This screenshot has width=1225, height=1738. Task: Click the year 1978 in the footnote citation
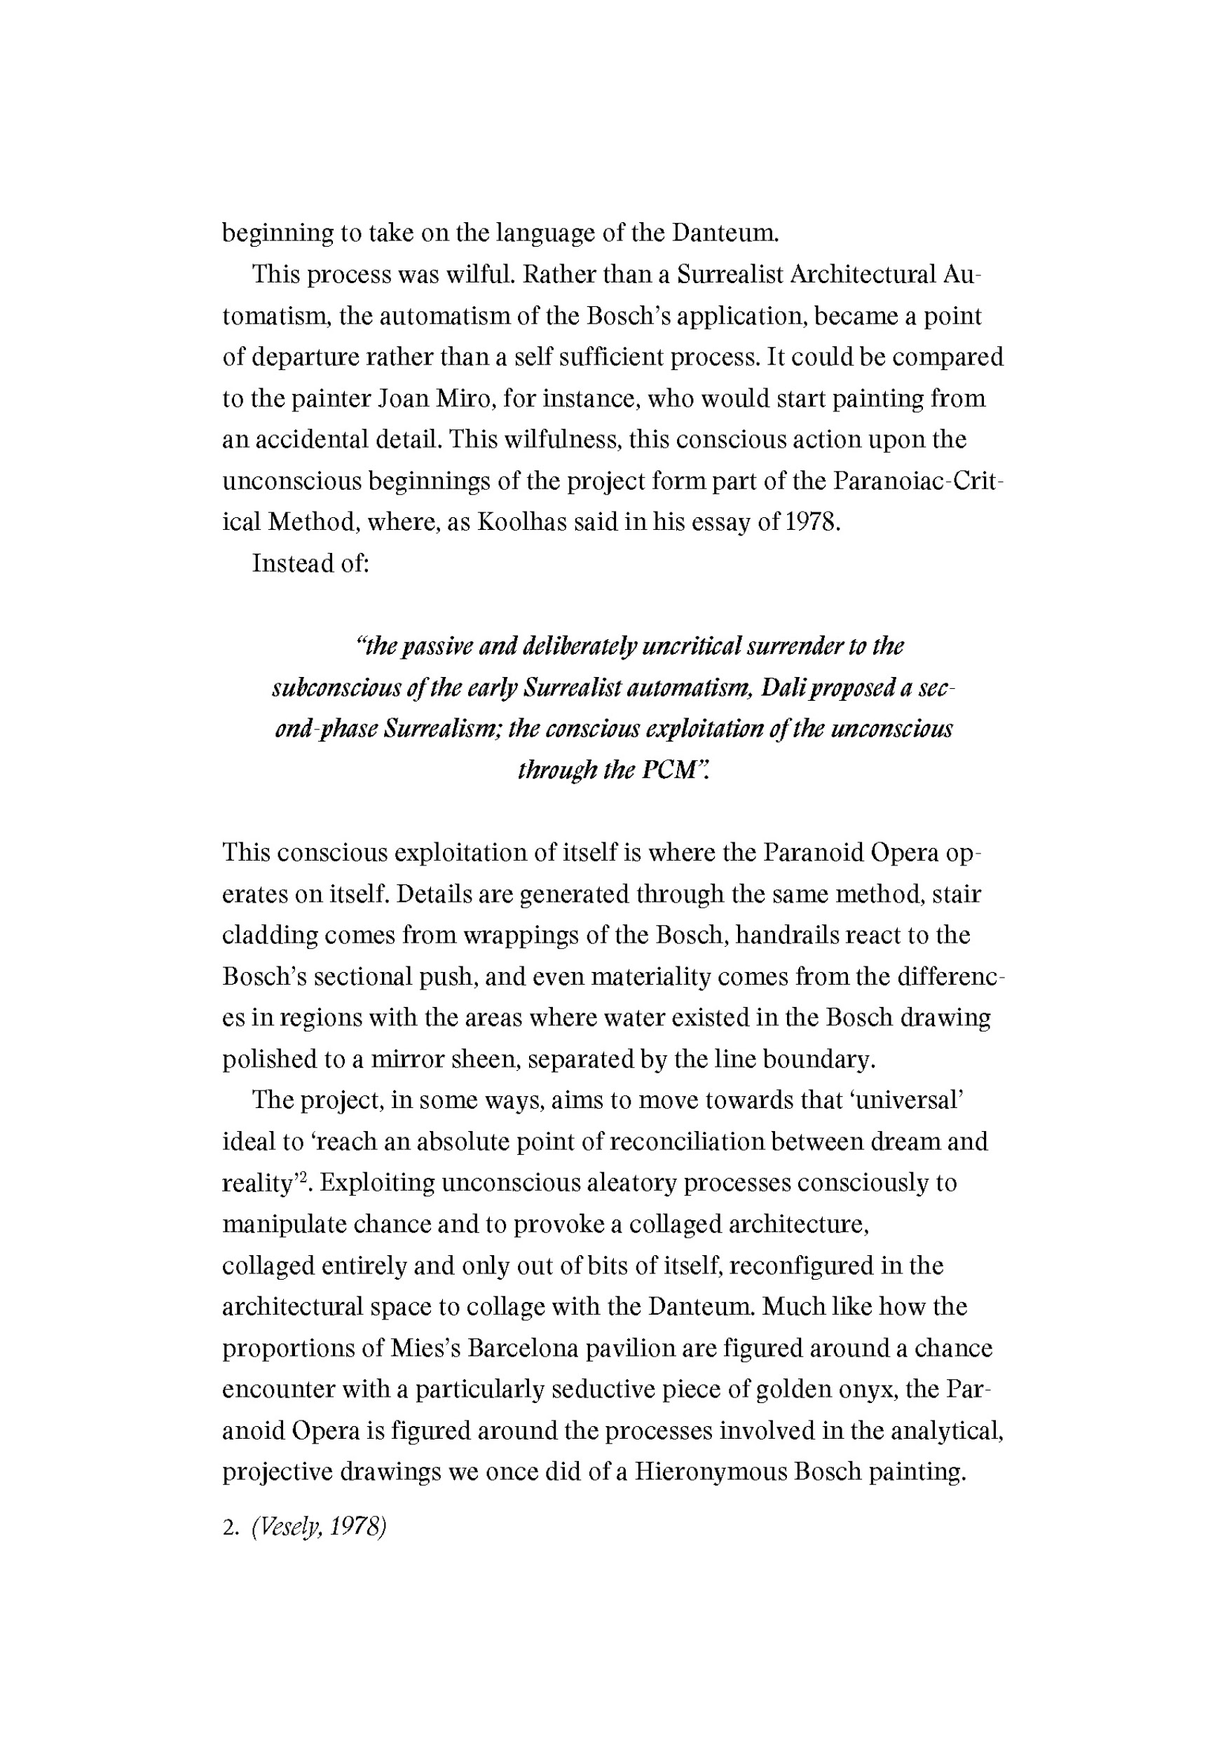pyautogui.click(x=359, y=1528)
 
